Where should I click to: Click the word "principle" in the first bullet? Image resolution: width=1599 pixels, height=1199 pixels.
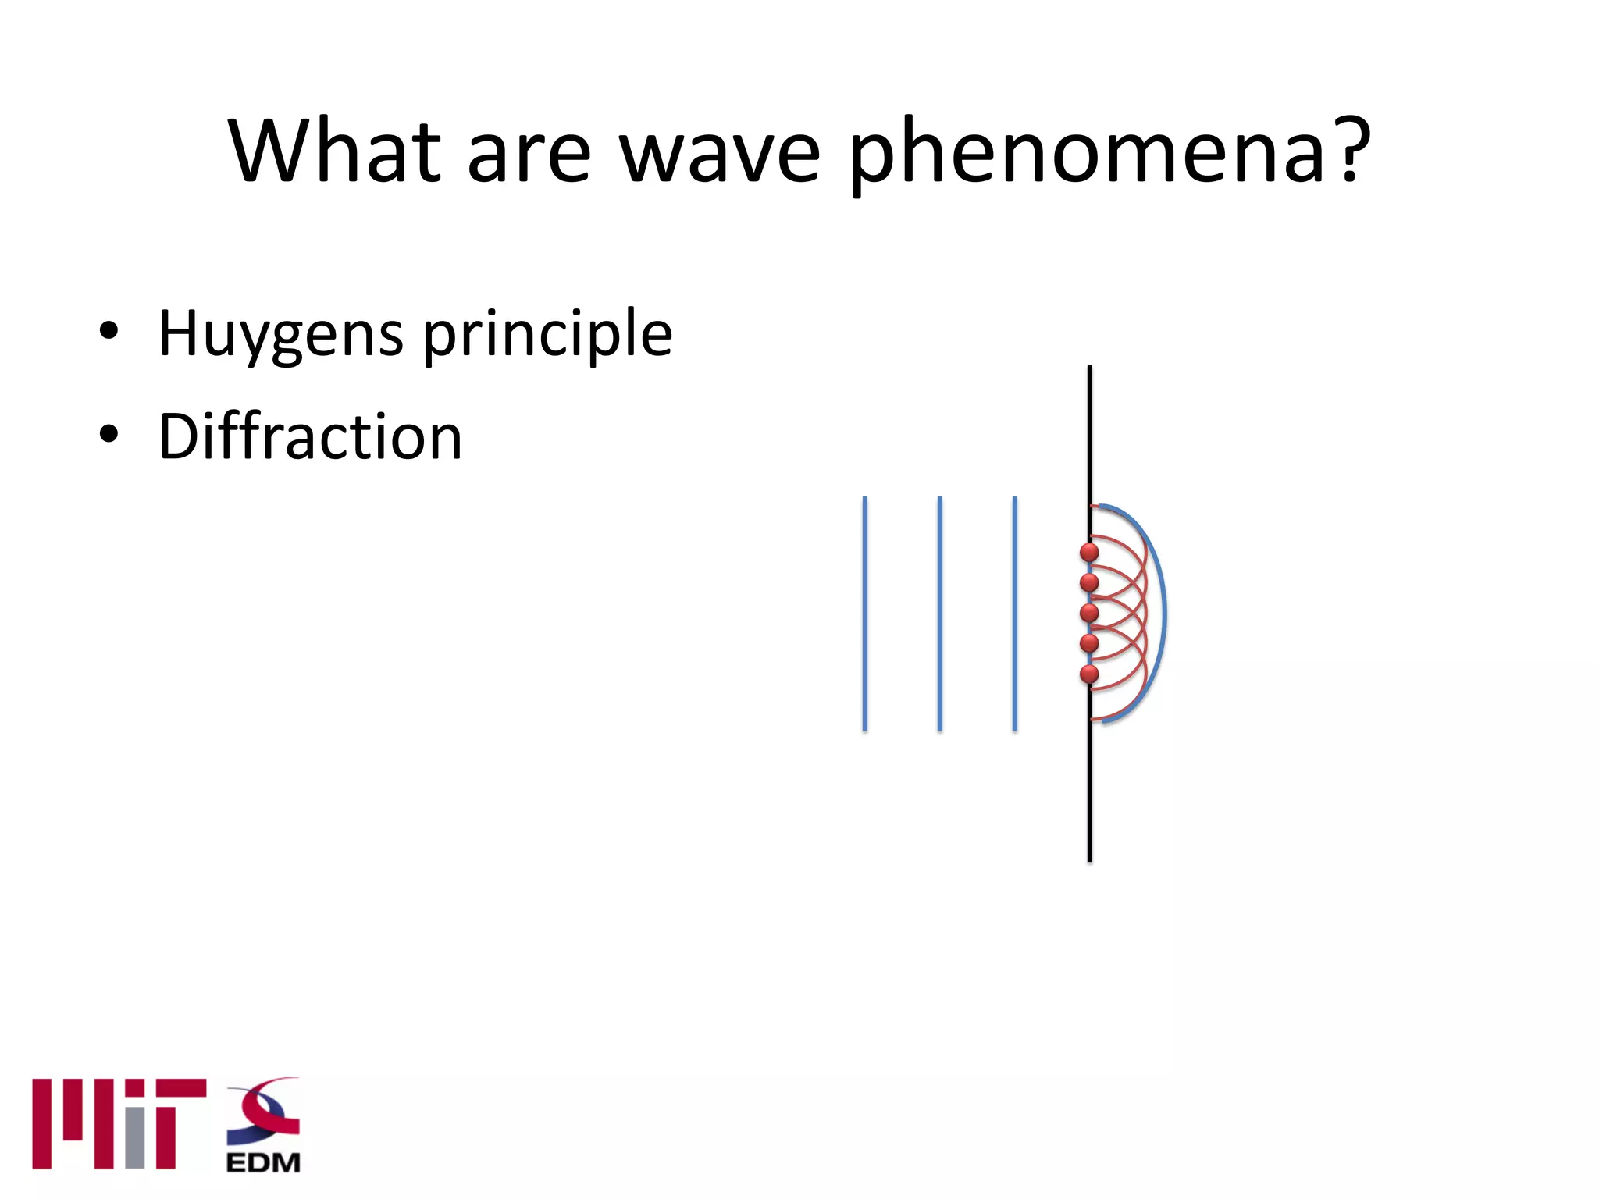[x=547, y=334]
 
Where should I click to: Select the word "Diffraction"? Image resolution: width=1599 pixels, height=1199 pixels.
[x=310, y=436]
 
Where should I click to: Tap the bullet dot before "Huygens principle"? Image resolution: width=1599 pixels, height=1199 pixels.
[x=109, y=331]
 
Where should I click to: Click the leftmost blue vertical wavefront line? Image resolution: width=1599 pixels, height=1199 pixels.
[x=864, y=614]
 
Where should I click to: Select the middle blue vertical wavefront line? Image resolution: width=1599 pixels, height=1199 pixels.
[x=939, y=614]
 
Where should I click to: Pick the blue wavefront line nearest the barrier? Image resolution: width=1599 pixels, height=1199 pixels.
[x=1014, y=614]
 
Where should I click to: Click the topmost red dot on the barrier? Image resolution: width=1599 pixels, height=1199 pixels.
[x=1089, y=553]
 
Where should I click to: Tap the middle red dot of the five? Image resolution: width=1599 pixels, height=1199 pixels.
[x=1089, y=613]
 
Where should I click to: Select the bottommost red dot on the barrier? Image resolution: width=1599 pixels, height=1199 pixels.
[x=1089, y=674]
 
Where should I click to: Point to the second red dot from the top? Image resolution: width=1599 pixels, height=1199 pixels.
[x=1089, y=582]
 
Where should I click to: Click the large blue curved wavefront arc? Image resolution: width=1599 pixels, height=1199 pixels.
[x=1164, y=613]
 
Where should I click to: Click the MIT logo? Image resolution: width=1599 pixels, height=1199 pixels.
[x=119, y=1123]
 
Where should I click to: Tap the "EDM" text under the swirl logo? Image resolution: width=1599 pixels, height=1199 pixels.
[x=263, y=1162]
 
